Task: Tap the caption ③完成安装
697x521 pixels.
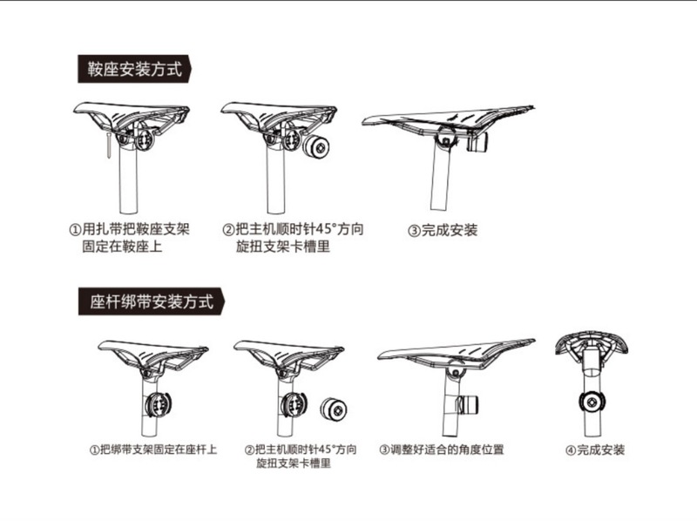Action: point(443,231)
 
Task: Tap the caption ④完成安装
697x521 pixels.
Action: point(595,450)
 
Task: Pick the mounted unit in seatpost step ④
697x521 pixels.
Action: point(592,403)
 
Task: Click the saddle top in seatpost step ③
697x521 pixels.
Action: point(453,349)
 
